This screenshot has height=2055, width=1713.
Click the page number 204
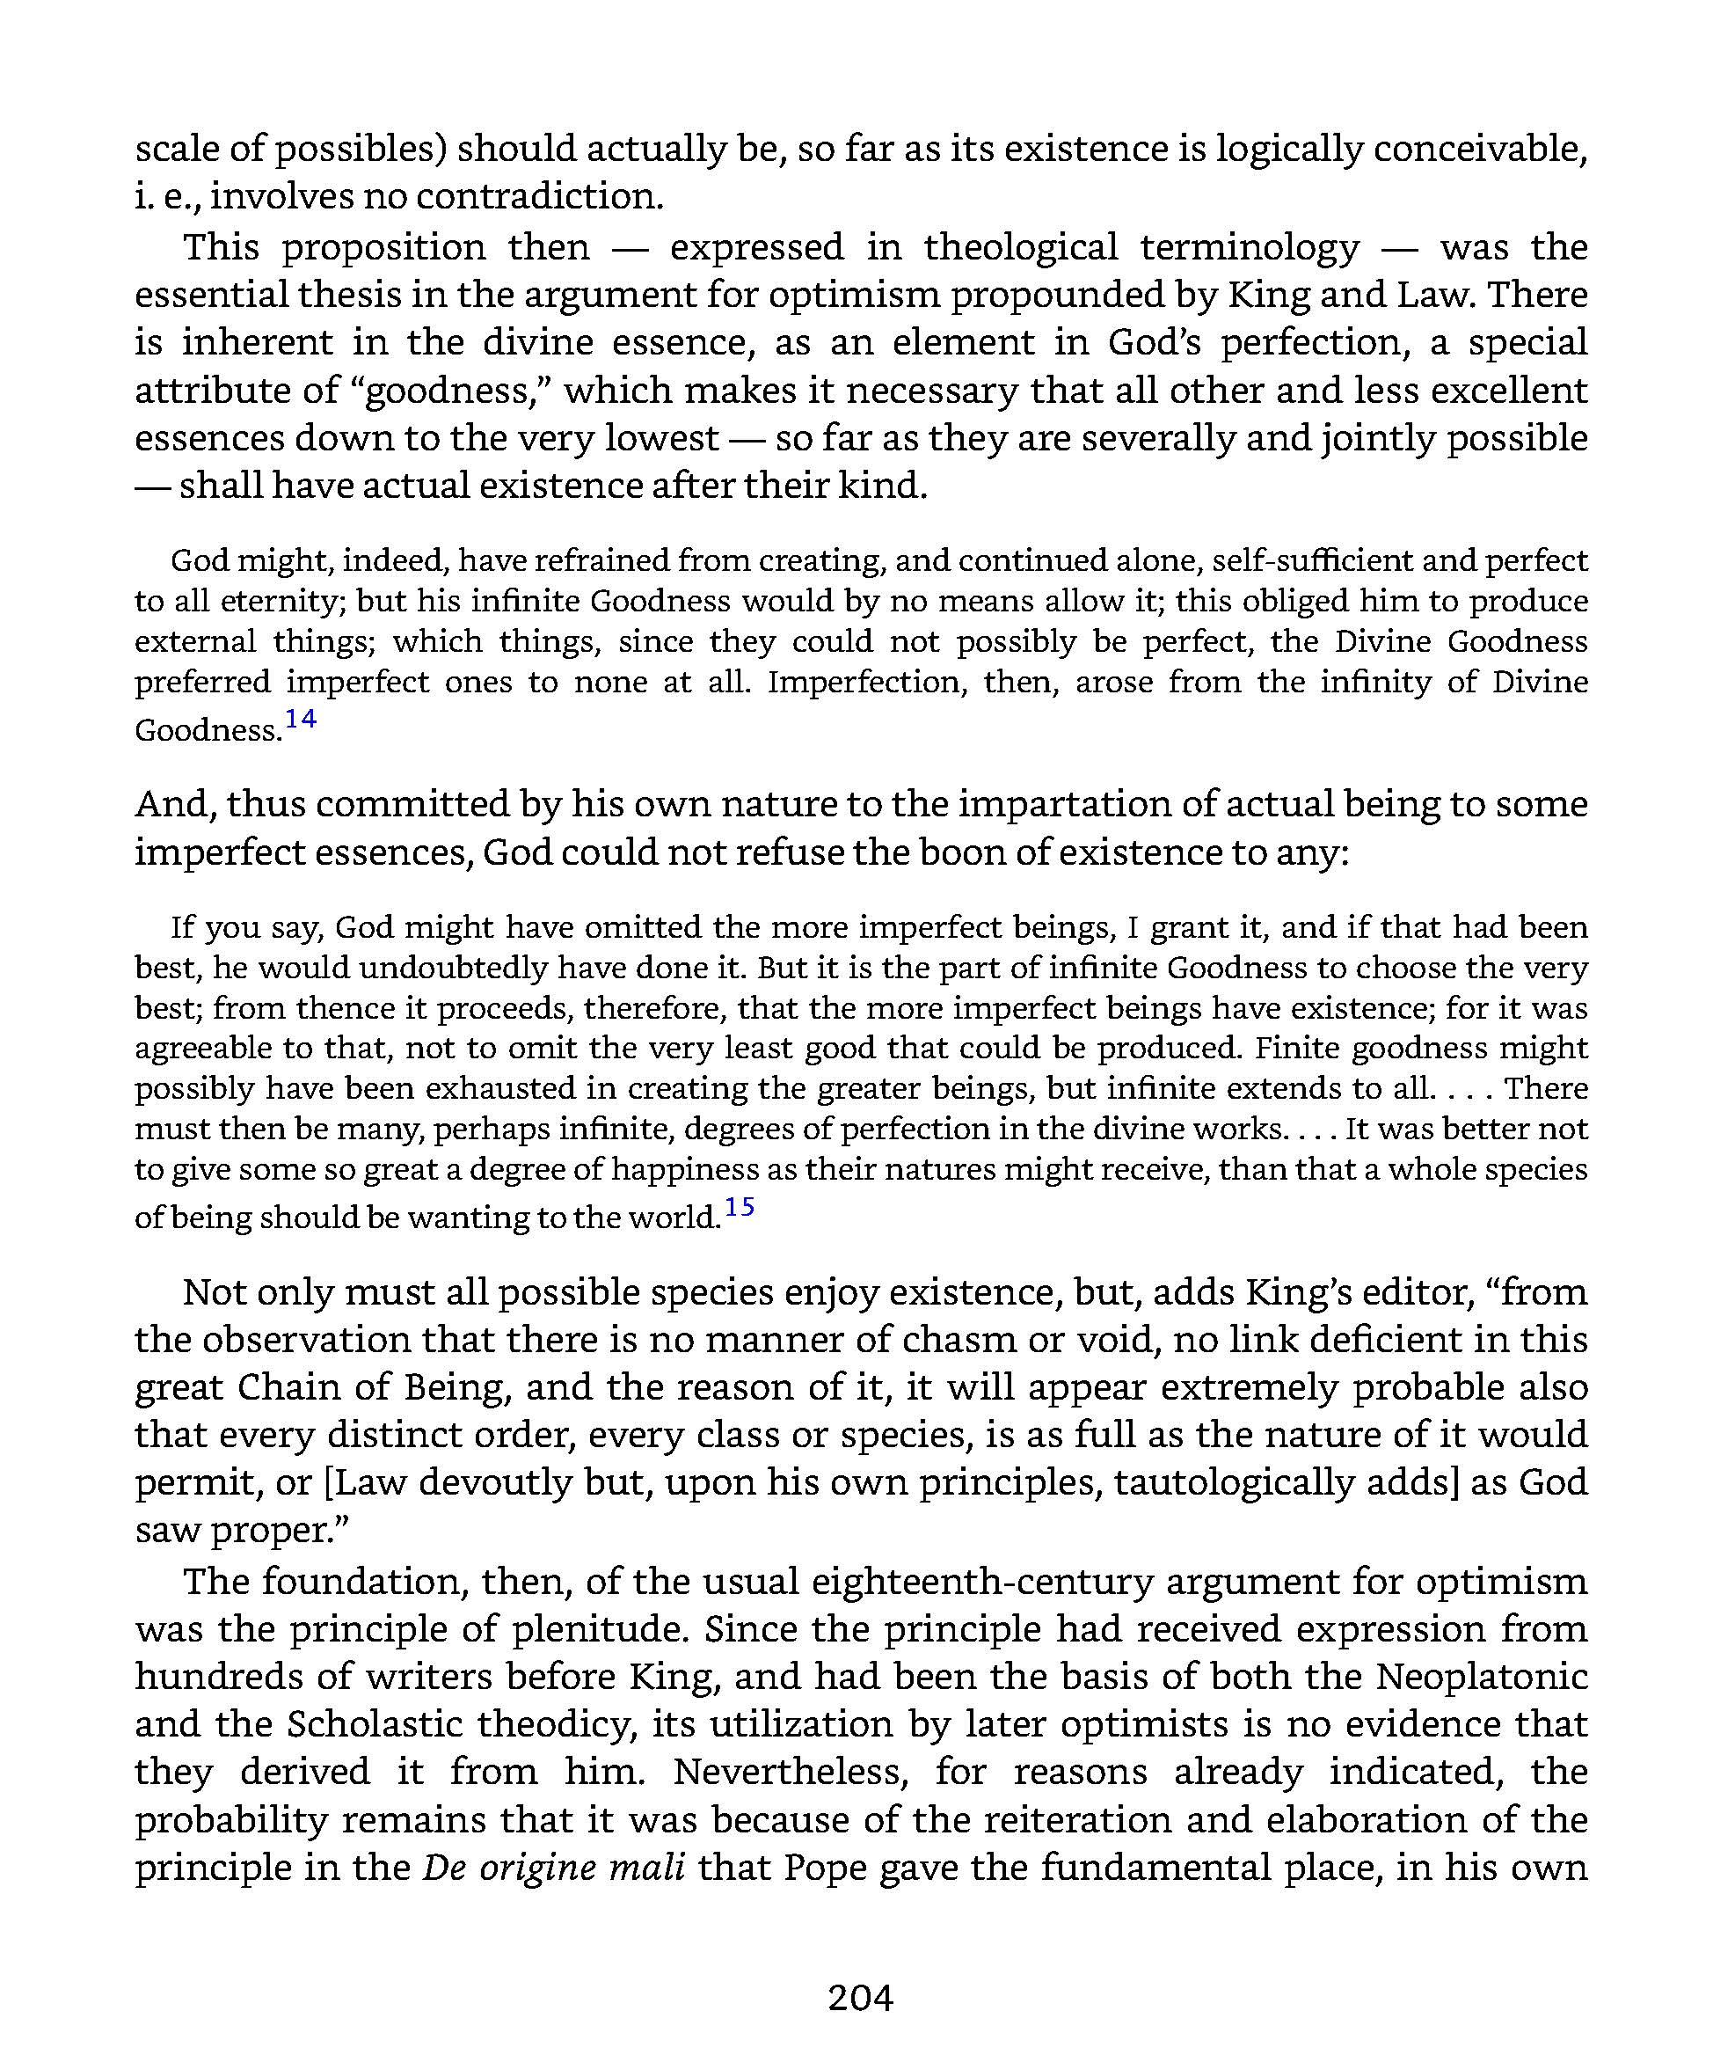[860, 1997]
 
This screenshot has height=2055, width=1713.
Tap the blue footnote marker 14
[301, 720]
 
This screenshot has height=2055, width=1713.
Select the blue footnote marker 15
[739, 1207]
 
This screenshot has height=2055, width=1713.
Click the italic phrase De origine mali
[554, 1867]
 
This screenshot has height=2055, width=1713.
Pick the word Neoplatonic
[1481, 1677]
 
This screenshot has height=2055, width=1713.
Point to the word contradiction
[539, 197]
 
